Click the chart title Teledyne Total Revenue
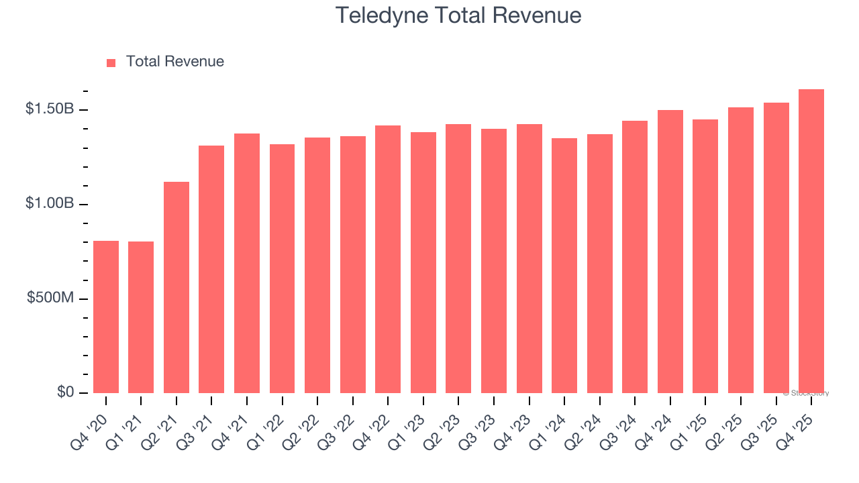(458, 15)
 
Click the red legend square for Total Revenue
(111, 62)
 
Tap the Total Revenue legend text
(174, 62)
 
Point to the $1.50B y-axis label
(50, 109)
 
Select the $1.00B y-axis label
(50, 203)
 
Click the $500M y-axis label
(50, 298)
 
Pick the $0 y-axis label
(65, 392)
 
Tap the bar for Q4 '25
(811, 241)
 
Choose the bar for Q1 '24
(564, 266)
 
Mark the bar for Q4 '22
(388, 259)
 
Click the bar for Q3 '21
(211, 269)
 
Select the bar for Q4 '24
(670, 252)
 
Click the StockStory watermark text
(806, 393)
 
